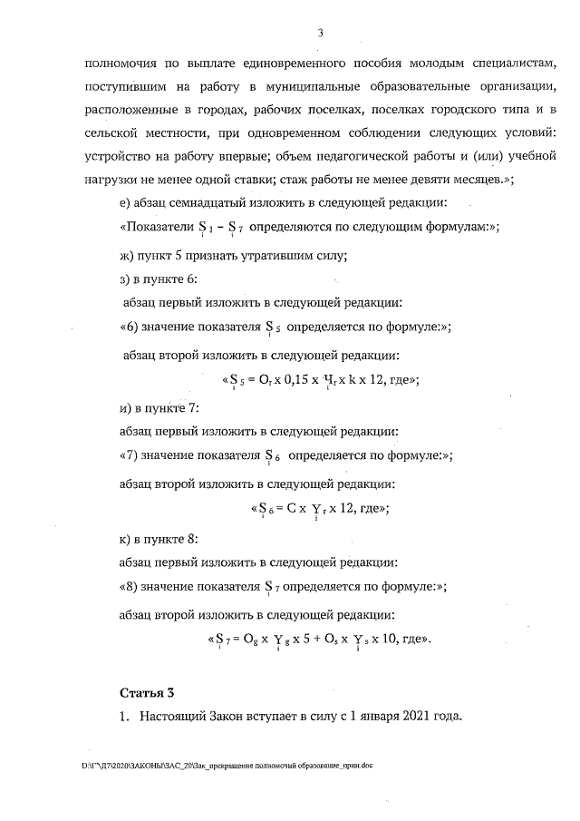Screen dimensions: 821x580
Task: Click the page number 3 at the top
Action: tap(321, 34)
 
